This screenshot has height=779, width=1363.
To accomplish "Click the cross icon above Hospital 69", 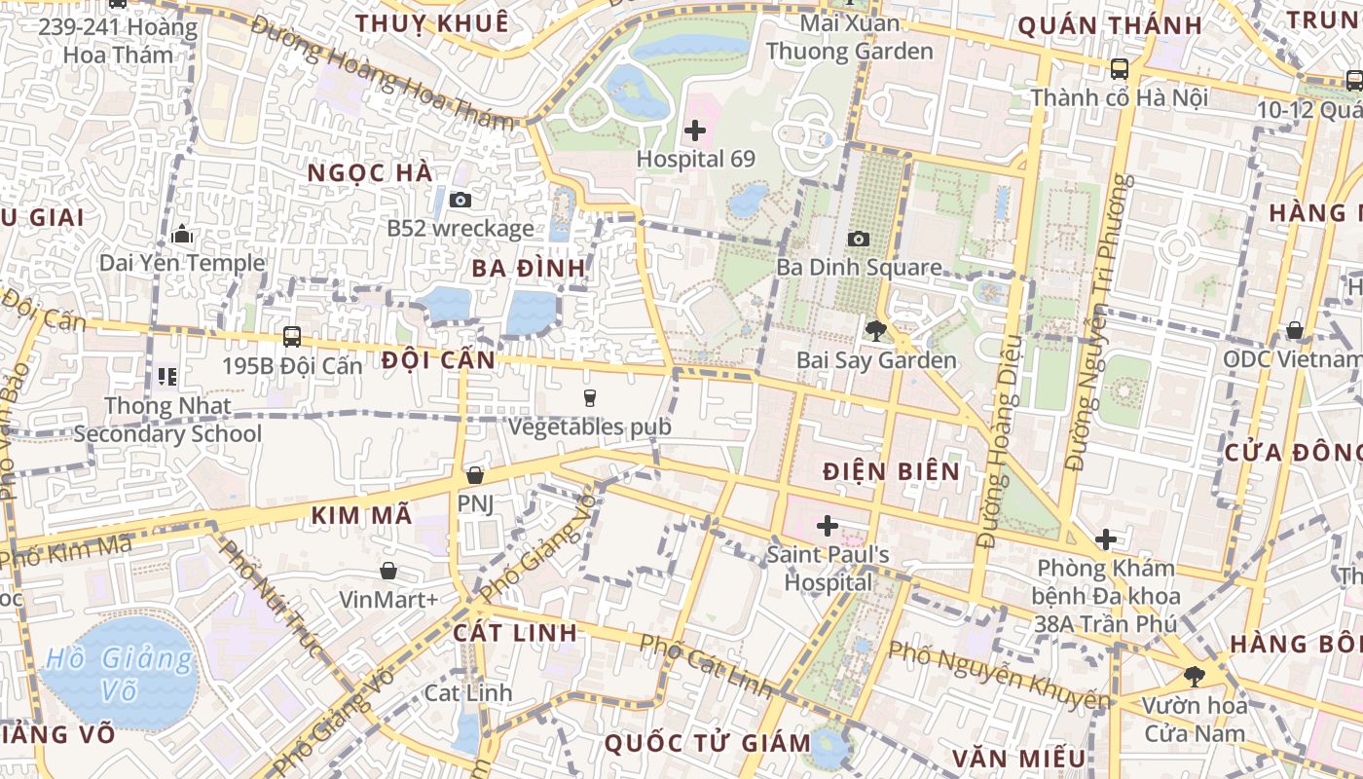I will click(695, 130).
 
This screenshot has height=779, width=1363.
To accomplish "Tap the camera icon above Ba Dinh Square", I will click(858, 239).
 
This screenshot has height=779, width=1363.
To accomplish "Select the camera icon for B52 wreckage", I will click(460, 200).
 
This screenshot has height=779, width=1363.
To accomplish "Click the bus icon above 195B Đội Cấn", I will click(291, 337).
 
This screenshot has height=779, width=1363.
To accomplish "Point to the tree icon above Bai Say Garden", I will click(875, 331).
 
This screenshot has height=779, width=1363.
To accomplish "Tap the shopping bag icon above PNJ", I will click(475, 475).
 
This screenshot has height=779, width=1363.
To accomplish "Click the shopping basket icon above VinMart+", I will click(388, 571).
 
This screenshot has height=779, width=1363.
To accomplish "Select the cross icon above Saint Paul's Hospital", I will click(828, 527).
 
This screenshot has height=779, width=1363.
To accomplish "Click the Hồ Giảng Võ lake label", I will click(119, 675).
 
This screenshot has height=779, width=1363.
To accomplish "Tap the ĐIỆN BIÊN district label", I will click(891, 471).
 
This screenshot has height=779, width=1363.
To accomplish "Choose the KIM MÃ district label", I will click(362, 516).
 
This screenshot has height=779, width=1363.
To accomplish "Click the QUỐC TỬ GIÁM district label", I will click(708, 744).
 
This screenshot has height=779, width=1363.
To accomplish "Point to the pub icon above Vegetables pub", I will click(589, 397).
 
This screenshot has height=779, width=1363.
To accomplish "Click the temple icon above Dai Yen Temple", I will click(181, 235).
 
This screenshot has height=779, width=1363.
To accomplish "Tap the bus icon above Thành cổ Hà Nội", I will click(1120, 69).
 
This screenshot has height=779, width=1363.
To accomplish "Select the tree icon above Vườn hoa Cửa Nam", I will click(1194, 676).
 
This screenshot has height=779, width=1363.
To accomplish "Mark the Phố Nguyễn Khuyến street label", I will click(999, 675).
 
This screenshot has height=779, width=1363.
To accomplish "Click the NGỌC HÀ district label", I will click(369, 172).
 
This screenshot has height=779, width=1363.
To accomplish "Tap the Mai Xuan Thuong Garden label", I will click(849, 36).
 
